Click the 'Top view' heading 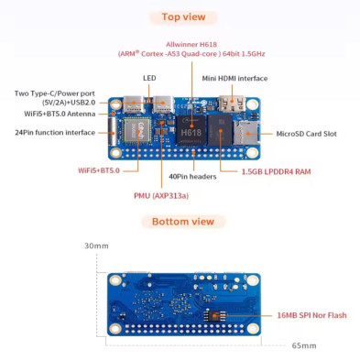(183, 16)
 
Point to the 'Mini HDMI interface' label (235, 78)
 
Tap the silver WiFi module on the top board (133, 127)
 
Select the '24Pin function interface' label (54, 133)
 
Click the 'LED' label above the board (149, 78)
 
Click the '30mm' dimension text (95, 246)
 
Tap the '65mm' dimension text (304, 345)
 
